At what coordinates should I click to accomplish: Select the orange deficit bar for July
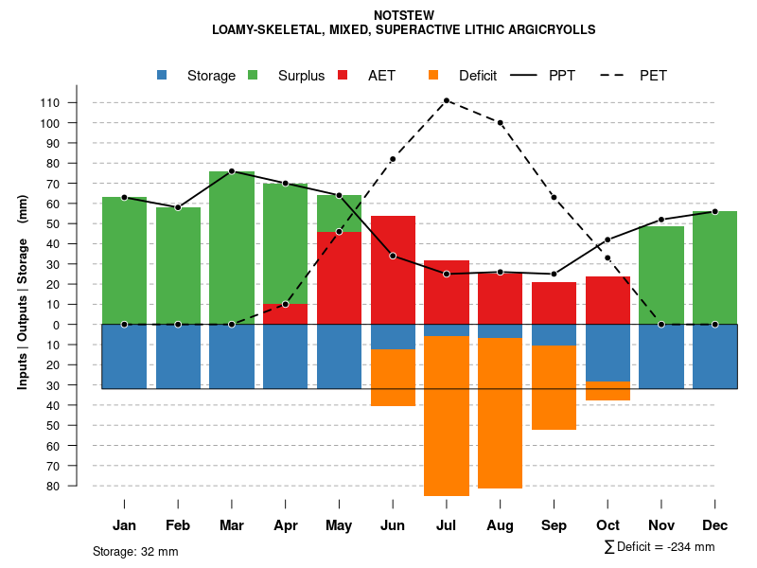coord(447,417)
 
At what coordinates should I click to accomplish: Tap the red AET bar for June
coord(393,270)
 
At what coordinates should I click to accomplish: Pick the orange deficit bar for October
coord(607,391)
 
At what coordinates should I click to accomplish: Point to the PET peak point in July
coord(447,100)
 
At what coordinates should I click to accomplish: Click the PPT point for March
coord(232,171)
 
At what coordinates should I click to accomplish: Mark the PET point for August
coord(501,123)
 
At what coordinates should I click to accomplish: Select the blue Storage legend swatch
coord(163,76)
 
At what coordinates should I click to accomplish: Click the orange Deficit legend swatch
coord(434,76)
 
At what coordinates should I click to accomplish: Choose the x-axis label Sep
coord(554,525)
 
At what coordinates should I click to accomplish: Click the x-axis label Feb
coord(178,525)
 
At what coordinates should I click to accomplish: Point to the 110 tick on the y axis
coord(77,102)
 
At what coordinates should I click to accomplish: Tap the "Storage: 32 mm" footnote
coord(135,551)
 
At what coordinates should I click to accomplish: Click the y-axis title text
coord(23,291)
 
